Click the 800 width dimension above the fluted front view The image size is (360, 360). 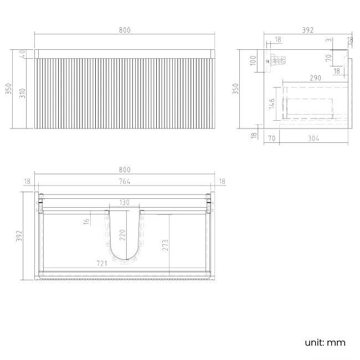(125, 30)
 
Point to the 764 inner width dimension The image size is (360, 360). (125, 182)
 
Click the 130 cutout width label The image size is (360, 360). (124, 203)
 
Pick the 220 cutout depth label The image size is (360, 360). (123, 235)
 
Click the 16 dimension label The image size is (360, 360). (86, 221)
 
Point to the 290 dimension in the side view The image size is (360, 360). (315, 79)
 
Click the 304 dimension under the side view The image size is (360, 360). (313, 139)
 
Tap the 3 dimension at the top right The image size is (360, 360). (328, 40)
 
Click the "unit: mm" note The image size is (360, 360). (325, 342)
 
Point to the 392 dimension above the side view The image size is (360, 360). (306, 30)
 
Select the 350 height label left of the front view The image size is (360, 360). (8, 89)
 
